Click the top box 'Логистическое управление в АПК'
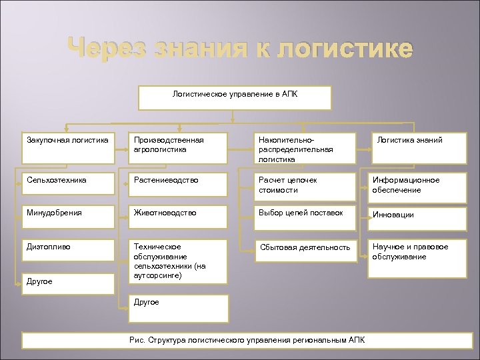(x=235, y=97)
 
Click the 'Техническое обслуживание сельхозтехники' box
(x=179, y=261)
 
